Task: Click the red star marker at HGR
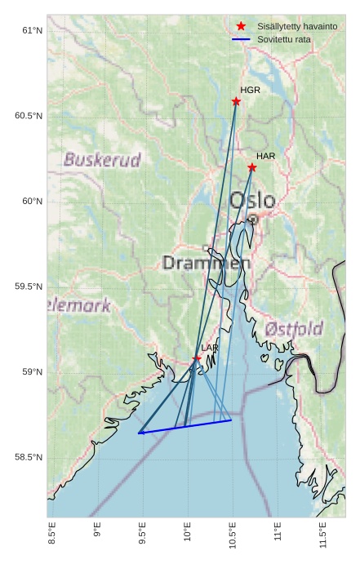(236, 101)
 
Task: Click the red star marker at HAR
(252, 167)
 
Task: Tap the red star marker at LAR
(197, 358)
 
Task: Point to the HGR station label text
(250, 90)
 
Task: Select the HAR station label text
(265, 156)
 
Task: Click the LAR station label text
(210, 348)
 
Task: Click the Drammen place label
(207, 263)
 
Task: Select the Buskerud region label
(102, 160)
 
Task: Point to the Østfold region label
(294, 329)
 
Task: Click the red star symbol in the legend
(241, 26)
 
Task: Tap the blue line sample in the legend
(241, 39)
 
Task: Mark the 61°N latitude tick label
(32, 30)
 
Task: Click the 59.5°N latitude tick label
(29, 286)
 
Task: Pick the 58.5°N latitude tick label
(29, 457)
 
